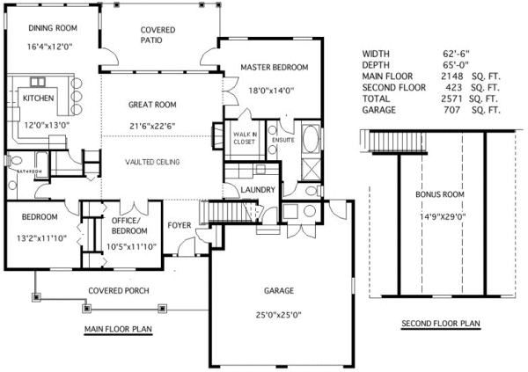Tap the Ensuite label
[283, 140]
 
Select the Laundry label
[259, 190]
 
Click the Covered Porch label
[118, 291]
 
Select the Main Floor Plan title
[118, 330]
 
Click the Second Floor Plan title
[440, 324]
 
